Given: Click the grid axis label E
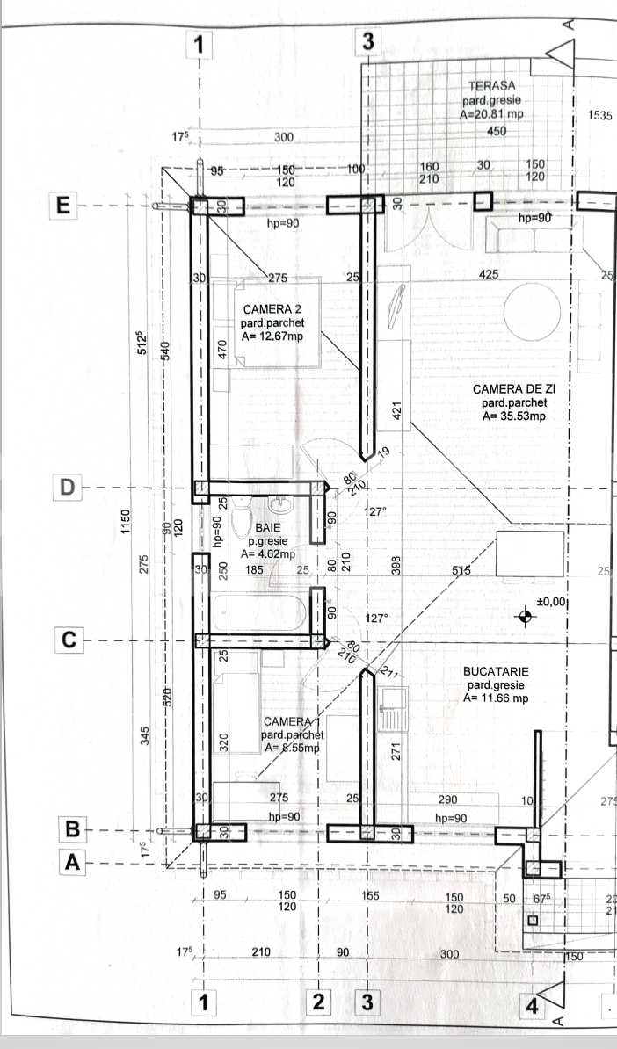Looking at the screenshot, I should pyautogui.click(x=62, y=206).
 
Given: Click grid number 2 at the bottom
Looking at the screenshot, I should pyautogui.click(x=318, y=1002).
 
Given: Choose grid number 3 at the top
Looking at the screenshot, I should pyautogui.click(x=368, y=40).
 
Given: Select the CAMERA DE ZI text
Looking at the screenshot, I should pyautogui.click(x=514, y=389).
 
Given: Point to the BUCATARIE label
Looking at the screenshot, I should pyautogui.click(x=496, y=671).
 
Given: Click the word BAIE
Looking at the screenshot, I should pyautogui.click(x=269, y=527).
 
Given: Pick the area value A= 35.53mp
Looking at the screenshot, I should pyautogui.click(x=514, y=416).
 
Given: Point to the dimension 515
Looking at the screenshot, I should pyautogui.click(x=461, y=571).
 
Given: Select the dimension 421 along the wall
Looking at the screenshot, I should pyautogui.click(x=396, y=410).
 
